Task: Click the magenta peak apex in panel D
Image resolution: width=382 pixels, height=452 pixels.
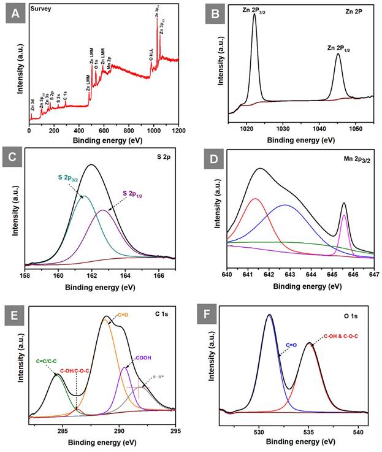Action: click(x=344, y=215)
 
